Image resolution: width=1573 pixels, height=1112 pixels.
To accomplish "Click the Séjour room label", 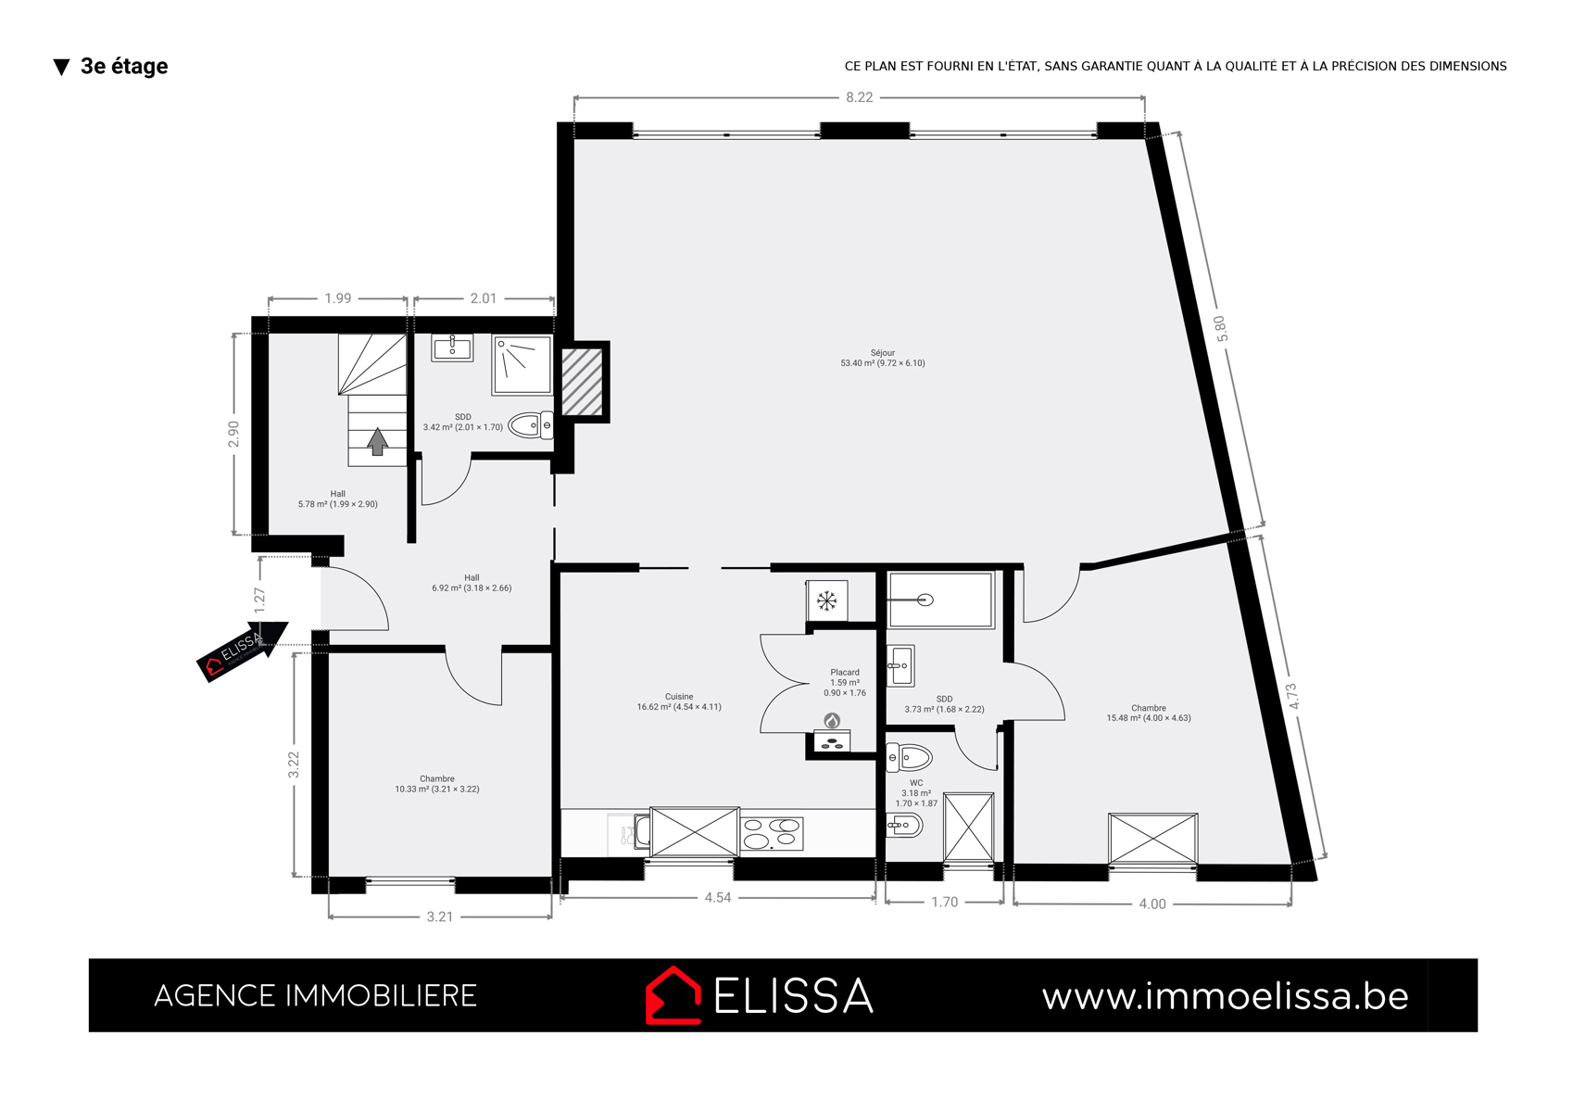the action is tap(883, 353).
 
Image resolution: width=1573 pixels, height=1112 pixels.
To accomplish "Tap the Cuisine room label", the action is tap(679, 697).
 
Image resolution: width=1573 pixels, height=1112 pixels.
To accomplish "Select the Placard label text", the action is tap(845, 672).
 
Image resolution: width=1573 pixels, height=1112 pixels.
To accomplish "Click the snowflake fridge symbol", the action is tap(826, 601).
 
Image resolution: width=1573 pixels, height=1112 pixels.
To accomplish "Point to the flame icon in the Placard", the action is tap(832, 721).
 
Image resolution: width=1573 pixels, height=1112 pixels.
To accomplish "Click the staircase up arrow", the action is tap(378, 442).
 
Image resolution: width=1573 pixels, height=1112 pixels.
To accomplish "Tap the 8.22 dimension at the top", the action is tap(860, 97).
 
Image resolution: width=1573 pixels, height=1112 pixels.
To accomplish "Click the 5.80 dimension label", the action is tap(1221, 329).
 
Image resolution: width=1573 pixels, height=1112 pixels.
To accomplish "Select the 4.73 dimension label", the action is tap(1293, 696).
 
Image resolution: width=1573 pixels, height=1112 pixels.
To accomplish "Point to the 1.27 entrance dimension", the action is tap(259, 600).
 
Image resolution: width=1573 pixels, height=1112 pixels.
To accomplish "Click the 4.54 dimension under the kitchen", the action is tap(718, 897).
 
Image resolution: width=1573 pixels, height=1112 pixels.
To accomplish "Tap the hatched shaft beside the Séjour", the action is tap(582, 382).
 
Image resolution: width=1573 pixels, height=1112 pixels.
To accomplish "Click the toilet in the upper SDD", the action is tap(530, 425).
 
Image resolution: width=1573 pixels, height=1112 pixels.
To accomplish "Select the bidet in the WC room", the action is tap(904, 825).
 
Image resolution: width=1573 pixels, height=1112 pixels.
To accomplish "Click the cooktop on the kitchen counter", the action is tap(771, 833).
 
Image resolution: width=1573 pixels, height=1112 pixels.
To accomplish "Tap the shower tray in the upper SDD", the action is tap(522, 364).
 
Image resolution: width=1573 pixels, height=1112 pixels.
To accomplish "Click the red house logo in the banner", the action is tap(673, 995).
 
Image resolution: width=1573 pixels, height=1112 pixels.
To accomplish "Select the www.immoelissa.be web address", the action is tap(1226, 996).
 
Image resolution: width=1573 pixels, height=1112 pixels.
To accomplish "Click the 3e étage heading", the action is tap(124, 66).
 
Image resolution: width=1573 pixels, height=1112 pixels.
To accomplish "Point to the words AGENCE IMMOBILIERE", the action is tap(315, 995).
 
